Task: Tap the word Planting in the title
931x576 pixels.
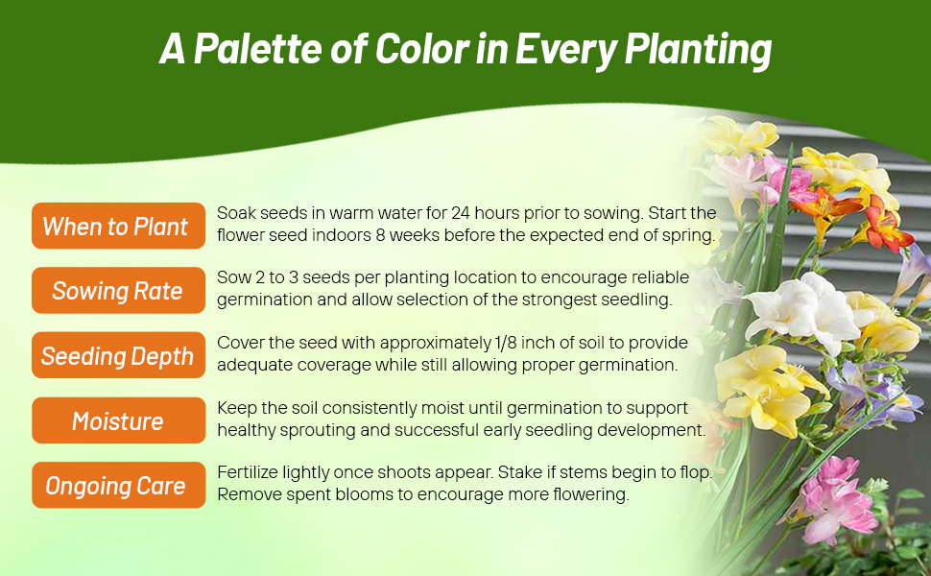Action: tap(700, 50)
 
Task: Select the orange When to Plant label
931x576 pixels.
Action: tap(117, 227)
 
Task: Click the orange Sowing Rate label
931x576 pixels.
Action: tap(117, 291)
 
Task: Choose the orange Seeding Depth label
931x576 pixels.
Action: tap(117, 356)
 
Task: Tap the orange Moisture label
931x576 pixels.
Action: tap(117, 420)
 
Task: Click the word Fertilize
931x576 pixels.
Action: tap(249, 472)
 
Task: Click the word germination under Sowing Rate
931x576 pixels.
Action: tap(264, 299)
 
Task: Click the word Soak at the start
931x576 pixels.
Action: tap(236, 213)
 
